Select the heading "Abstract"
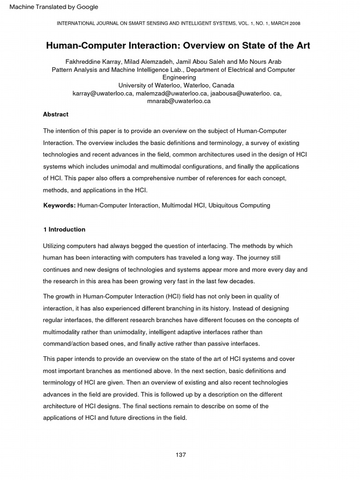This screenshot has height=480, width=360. click(56, 114)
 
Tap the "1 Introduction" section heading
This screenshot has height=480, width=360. click(64, 230)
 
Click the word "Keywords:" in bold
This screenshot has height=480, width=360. click(60, 205)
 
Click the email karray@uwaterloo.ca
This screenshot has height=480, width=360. click(103, 93)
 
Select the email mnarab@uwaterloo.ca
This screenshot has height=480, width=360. click(179, 101)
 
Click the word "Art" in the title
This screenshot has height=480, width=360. click(301, 46)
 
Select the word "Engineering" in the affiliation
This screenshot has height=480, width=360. click(180, 77)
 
